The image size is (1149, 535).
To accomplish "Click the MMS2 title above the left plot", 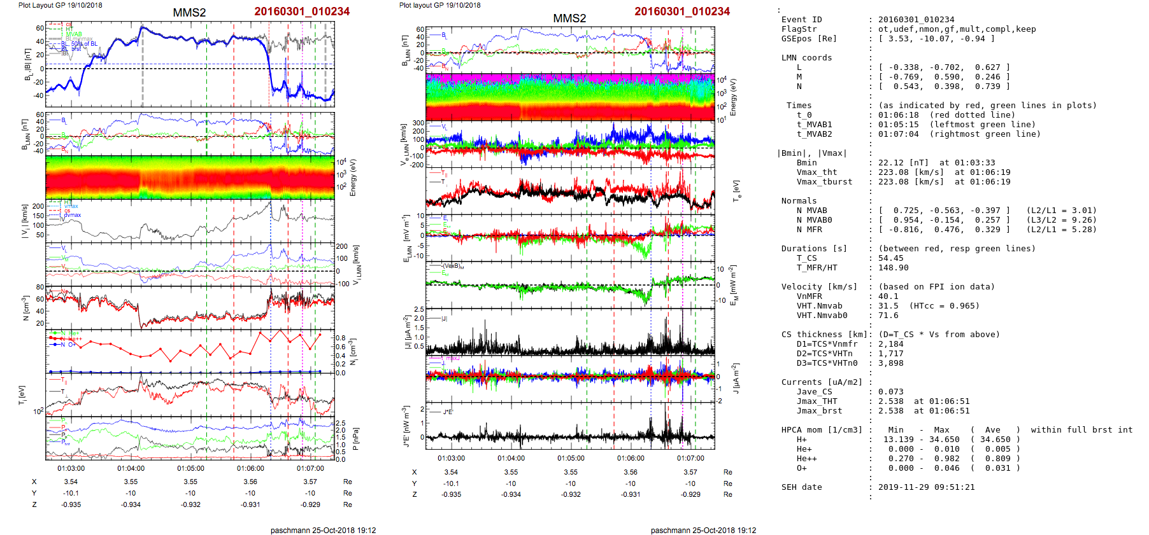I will [189, 13].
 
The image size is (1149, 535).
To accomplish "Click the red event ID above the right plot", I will [682, 11].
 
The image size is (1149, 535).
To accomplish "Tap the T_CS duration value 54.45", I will [890, 258].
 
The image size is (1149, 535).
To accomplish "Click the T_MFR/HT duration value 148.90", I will [892, 268].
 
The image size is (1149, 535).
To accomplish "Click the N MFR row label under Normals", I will [809, 230].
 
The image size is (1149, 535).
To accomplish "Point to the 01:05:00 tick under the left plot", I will [190, 468].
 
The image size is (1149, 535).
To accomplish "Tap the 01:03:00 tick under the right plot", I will [451, 458].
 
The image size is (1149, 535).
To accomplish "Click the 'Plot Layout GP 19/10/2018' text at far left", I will [60, 5].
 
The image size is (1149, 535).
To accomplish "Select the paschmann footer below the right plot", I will [703, 530].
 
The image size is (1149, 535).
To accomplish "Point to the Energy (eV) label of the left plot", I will [353, 177].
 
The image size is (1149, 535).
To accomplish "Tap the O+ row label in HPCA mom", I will [801, 468].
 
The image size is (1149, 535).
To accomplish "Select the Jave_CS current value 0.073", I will [890, 392].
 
